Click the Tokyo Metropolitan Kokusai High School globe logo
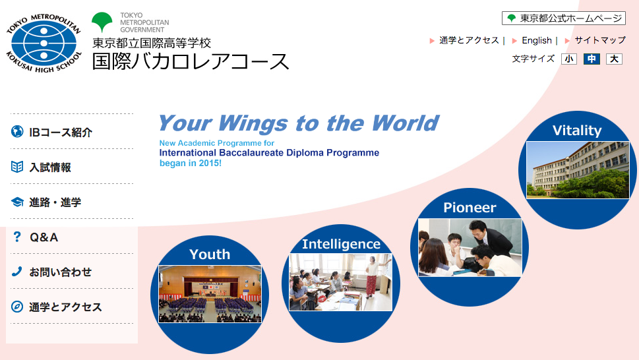[x=44, y=43]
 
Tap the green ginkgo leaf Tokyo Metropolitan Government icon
[x=102, y=22]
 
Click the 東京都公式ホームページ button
[x=564, y=18]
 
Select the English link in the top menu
[x=536, y=40]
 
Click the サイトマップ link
[x=600, y=40]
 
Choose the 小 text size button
[x=569, y=59]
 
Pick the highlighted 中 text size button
[x=592, y=59]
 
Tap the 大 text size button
[x=614, y=59]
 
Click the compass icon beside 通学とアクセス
[x=17, y=307]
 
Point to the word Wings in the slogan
[x=254, y=123]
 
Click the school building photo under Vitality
[x=578, y=170]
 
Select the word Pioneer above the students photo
[x=470, y=208]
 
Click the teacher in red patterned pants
[x=372, y=276]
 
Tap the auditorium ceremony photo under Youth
[x=210, y=294]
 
